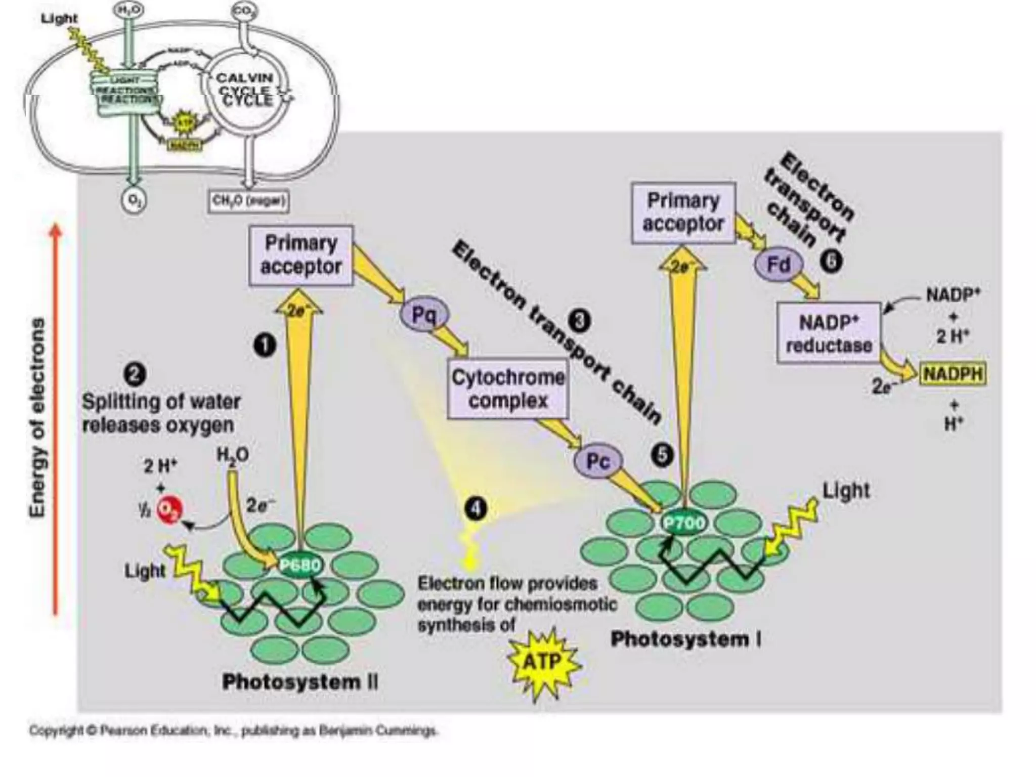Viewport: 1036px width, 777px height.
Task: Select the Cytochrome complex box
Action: coord(507,388)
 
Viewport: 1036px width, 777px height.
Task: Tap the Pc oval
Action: coord(597,461)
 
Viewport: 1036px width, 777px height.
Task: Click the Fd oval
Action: coord(779,264)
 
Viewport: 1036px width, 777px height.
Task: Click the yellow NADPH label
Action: coord(953,374)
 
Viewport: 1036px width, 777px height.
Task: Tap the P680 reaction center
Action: coord(300,565)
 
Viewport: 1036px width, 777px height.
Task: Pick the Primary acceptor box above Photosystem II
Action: coord(301,255)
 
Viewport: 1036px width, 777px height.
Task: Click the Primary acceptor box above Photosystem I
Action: coord(683,212)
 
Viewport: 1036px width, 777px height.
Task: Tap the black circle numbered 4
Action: coord(476,509)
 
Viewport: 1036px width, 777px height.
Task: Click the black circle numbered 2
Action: coord(135,375)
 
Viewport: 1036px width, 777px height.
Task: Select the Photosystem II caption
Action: coord(300,682)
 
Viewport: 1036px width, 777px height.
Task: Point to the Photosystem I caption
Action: coord(686,639)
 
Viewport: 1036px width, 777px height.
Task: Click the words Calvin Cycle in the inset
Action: coord(245,89)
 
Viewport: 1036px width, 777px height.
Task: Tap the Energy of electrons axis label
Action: coord(37,417)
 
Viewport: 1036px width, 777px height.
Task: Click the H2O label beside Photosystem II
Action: coord(232,454)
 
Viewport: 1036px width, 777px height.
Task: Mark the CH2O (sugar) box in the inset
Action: coord(249,201)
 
